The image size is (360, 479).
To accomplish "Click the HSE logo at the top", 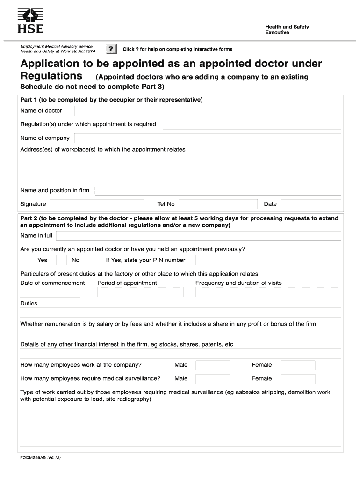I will point(30,21).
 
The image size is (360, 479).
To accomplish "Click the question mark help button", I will point(111,49).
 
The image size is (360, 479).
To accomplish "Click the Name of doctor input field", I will point(208,111).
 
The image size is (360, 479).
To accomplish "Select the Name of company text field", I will point(208,138).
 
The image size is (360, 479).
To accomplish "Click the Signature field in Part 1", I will point(97,204).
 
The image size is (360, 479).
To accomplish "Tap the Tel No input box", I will point(218,204).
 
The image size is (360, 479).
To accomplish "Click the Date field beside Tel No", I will point(310,204).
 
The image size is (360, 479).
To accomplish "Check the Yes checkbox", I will point(25,260).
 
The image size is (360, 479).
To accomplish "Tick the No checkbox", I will point(61,260).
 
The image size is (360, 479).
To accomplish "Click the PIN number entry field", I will point(268,260).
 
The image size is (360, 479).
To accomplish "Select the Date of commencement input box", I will point(50,292).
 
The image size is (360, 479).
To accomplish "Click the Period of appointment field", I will point(140,292).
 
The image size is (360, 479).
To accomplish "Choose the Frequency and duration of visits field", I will point(268,292).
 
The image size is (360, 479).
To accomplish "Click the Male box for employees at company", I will point(213,365).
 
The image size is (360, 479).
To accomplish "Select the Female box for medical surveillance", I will point(298,379).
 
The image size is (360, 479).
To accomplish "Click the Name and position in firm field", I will point(218,191).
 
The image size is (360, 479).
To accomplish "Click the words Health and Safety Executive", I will point(287,29).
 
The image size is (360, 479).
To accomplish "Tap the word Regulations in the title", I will point(51,76).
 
